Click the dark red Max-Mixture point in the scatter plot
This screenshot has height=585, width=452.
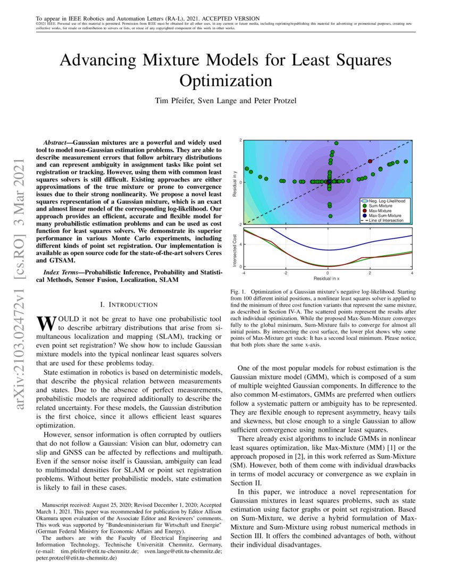tap(370, 161)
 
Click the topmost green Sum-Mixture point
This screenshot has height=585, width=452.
tap(336, 143)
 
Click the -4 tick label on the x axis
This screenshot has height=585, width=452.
tap(244, 273)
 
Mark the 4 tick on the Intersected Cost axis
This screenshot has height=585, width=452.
tap(241, 245)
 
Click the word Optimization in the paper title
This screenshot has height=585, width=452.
tap(226, 81)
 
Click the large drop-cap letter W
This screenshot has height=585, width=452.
tap(45, 323)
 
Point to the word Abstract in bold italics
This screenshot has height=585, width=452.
tap(55, 143)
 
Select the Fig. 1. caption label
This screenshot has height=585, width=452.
tap(239, 292)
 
